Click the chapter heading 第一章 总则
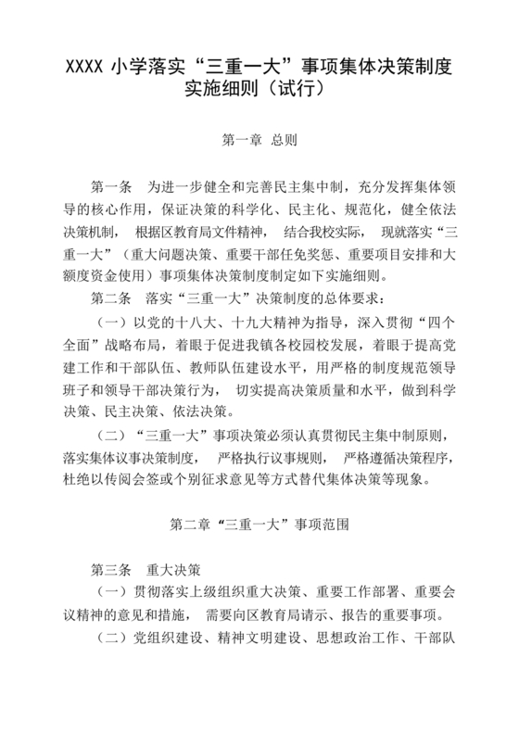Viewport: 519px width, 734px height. pos(259,142)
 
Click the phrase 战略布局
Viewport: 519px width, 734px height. pos(135,343)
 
